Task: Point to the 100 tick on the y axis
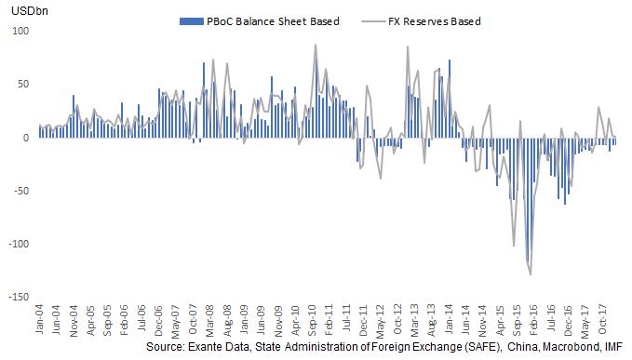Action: tap(21, 31)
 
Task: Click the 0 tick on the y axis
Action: tap(27, 138)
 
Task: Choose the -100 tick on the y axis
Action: tap(20, 244)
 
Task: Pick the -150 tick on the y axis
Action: tap(20, 297)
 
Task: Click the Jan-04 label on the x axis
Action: tap(40, 318)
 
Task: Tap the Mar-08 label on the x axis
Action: tap(212, 318)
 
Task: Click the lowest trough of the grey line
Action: tap(531, 274)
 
